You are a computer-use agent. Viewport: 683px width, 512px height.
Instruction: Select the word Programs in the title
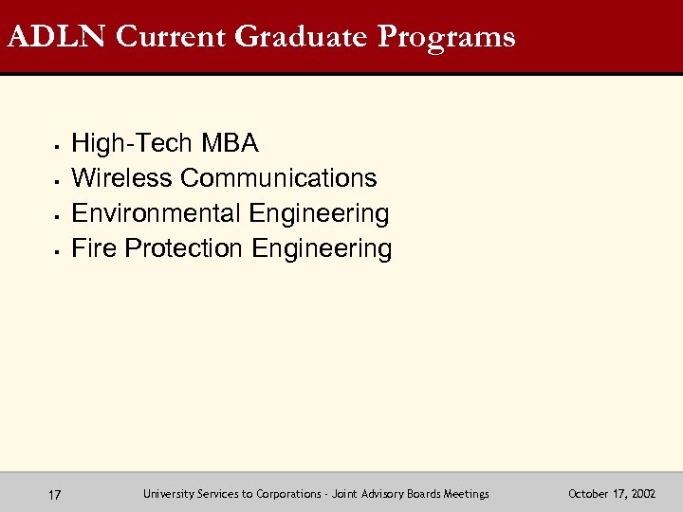[446, 37]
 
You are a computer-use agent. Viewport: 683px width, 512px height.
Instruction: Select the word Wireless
[122, 178]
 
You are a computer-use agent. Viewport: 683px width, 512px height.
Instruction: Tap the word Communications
[279, 178]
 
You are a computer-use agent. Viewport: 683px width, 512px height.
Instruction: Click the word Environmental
[157, 213]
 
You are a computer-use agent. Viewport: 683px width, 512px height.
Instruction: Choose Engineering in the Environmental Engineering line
[319, 213]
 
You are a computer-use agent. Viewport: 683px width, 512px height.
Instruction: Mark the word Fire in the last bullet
[94, 248]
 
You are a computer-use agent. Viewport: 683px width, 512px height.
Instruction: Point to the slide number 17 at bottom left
[55, 494]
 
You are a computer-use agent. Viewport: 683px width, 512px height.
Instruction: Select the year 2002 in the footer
[643, 494]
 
